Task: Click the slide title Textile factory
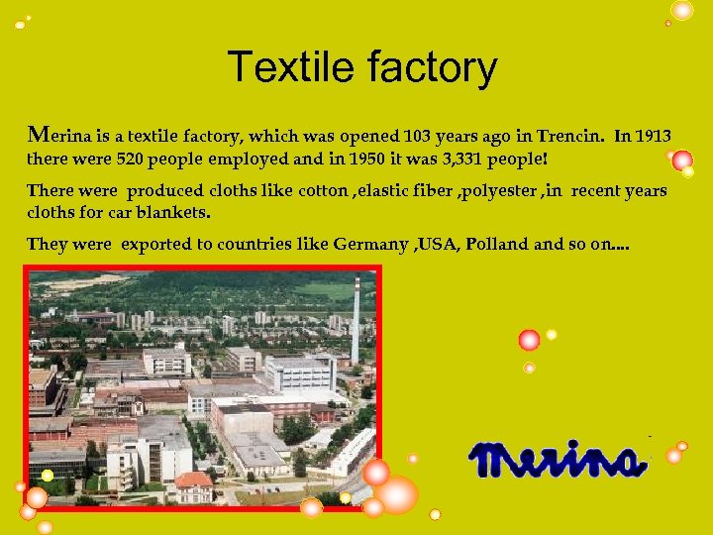pyautogui.click(x=361, y=68)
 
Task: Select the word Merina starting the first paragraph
pyautogui.click(x=58, y=136)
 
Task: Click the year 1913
pyautogui.click(x=653, y=136)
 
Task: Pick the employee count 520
pyautogui.click(x=135, y=159)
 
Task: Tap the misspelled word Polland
pyautogui.click(x=498, y=244)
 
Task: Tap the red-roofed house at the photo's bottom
pyautogui.click(x=193, y=484)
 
